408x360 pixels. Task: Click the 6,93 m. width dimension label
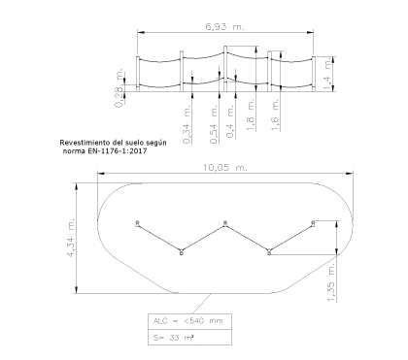225,26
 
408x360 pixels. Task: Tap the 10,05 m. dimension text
225,168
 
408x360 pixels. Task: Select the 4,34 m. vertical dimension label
71,238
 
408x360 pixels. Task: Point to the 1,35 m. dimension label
331,282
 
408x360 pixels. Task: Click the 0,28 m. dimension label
119,87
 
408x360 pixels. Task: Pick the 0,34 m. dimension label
187,124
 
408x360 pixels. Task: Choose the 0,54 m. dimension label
214,124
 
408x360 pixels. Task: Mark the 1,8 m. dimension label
251,115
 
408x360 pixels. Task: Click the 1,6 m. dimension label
275,115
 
